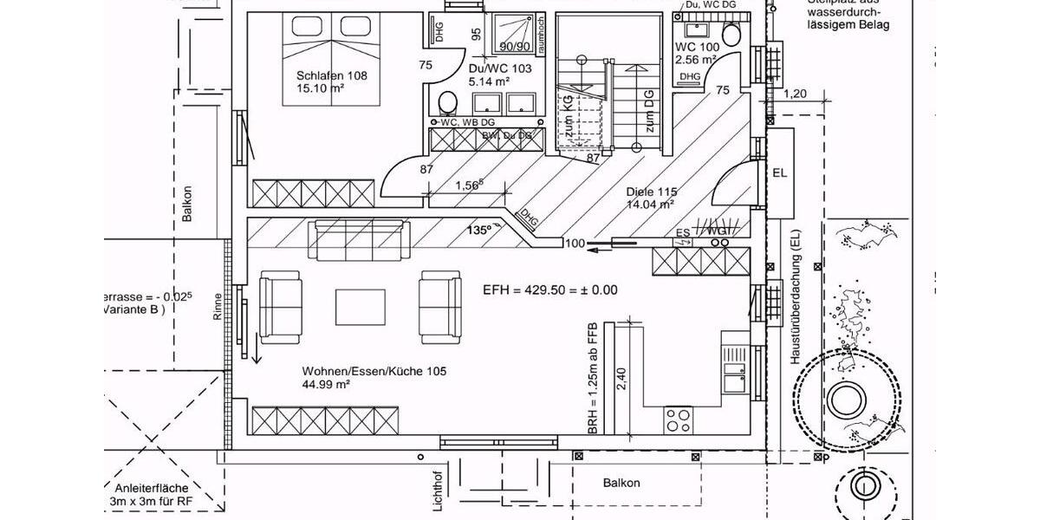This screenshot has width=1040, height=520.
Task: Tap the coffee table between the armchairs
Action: coord(361,305)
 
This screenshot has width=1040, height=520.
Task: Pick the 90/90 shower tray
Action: coord(514,36)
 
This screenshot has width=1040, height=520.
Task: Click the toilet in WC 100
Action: coord(731,36)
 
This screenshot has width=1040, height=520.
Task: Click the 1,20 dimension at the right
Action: coord(795,94)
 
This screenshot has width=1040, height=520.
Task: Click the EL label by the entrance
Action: coord(780,173)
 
